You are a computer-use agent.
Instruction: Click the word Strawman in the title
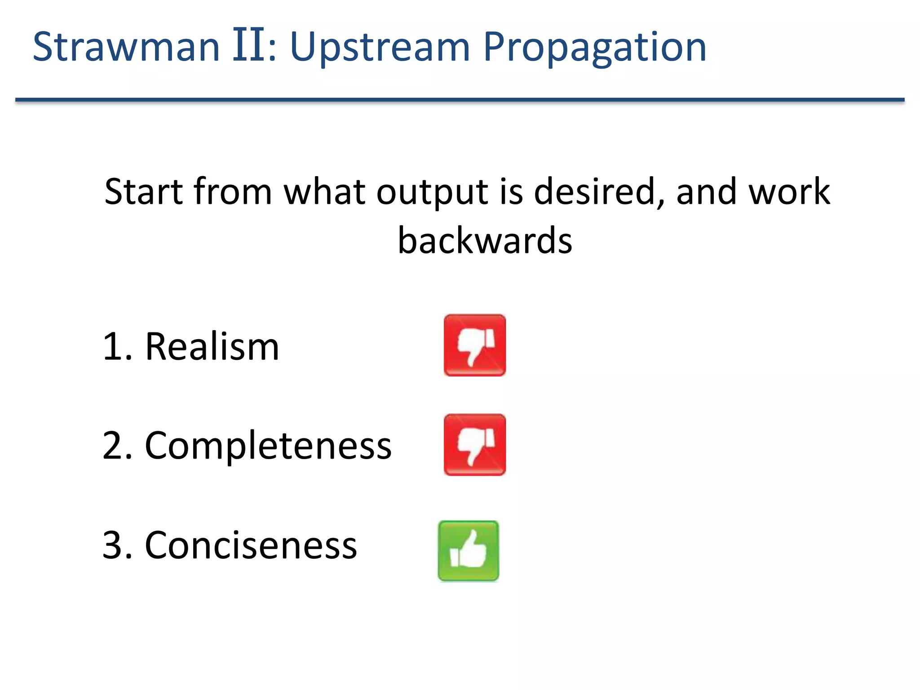coord(126,47)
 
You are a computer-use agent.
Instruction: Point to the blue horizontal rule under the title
coord(460,100)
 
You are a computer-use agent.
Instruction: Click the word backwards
coord(485,241)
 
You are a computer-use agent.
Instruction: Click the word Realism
coord(212,346)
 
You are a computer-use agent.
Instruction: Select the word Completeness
coord(268,446)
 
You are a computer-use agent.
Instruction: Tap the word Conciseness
coord(250,545)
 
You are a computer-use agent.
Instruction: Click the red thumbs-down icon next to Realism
coord(474,345)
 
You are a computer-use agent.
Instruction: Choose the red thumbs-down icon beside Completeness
coord(474,445)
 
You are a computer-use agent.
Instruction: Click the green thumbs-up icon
coord(468,551)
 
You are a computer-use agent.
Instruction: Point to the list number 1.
coord(112,346)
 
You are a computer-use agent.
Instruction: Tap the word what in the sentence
coord(323,192)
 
